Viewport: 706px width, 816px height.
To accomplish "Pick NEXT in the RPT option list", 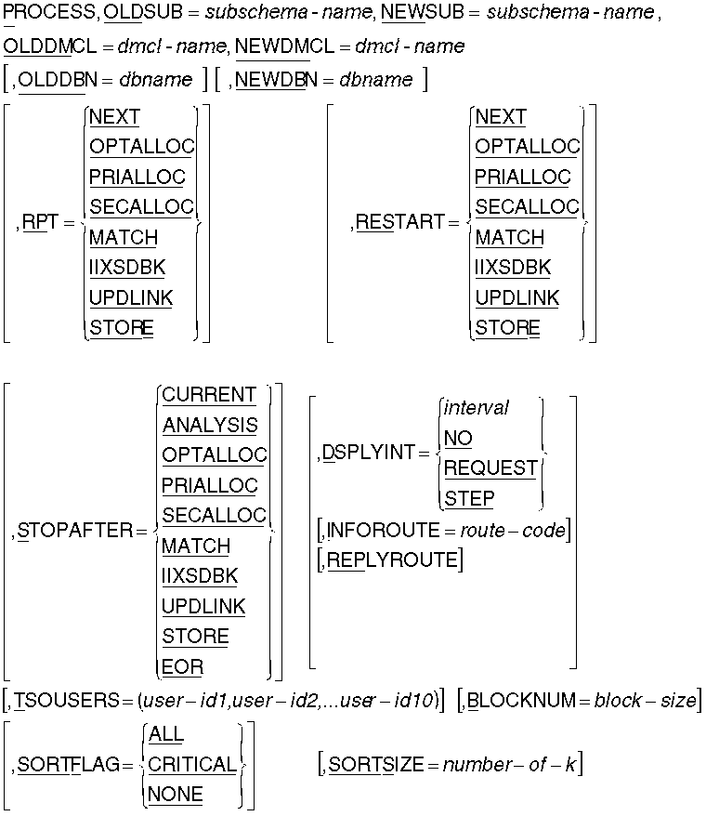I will pyautogui.click(x=114, y=117).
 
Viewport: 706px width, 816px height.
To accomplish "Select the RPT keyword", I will pyautogui.click(x=38, y=223).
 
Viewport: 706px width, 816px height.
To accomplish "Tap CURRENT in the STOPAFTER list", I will pyautogui.click(x=209, y=395).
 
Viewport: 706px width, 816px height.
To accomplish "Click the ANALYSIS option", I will pyautogui.click(x=210, y=426).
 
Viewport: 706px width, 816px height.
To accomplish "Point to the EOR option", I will pyautogui.click(x=182, y=666).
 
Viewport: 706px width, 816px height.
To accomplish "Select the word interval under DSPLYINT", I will pyautogui.click(x=477, y=408).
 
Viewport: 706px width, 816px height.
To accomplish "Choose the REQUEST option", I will pyautogui.click(x=490, y=467).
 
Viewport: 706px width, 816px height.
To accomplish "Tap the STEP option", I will pyautogui.click(x=469, y=498).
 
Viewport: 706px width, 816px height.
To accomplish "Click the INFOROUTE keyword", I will pyautogui.click(x=380, y=531).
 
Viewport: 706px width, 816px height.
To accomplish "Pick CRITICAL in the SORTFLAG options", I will pyautogui.click(x=192, y=765).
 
